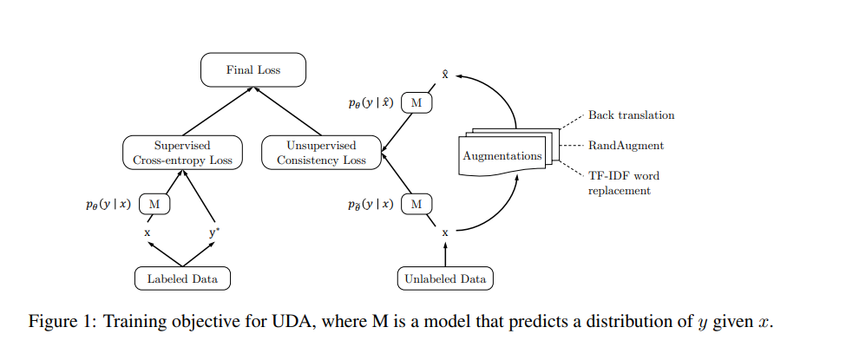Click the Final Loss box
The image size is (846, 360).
pos(253,70)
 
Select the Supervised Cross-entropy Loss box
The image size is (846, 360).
pos(182,153)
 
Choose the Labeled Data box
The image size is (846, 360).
pos(182,278)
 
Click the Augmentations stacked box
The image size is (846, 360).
pos(502,156)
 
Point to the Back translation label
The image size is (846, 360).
pos(631,115)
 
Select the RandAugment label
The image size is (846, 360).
pos(626,147)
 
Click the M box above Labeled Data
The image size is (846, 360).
pos(154,204)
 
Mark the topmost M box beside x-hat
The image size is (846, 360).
pos(416,103)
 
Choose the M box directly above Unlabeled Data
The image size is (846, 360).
pos(416,204)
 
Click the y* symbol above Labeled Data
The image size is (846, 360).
pos(213,232)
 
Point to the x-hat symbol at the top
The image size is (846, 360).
pos(445,75)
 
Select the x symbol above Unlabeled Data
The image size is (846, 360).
pos(445,232)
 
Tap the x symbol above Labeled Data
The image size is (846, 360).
pos(148,232)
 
